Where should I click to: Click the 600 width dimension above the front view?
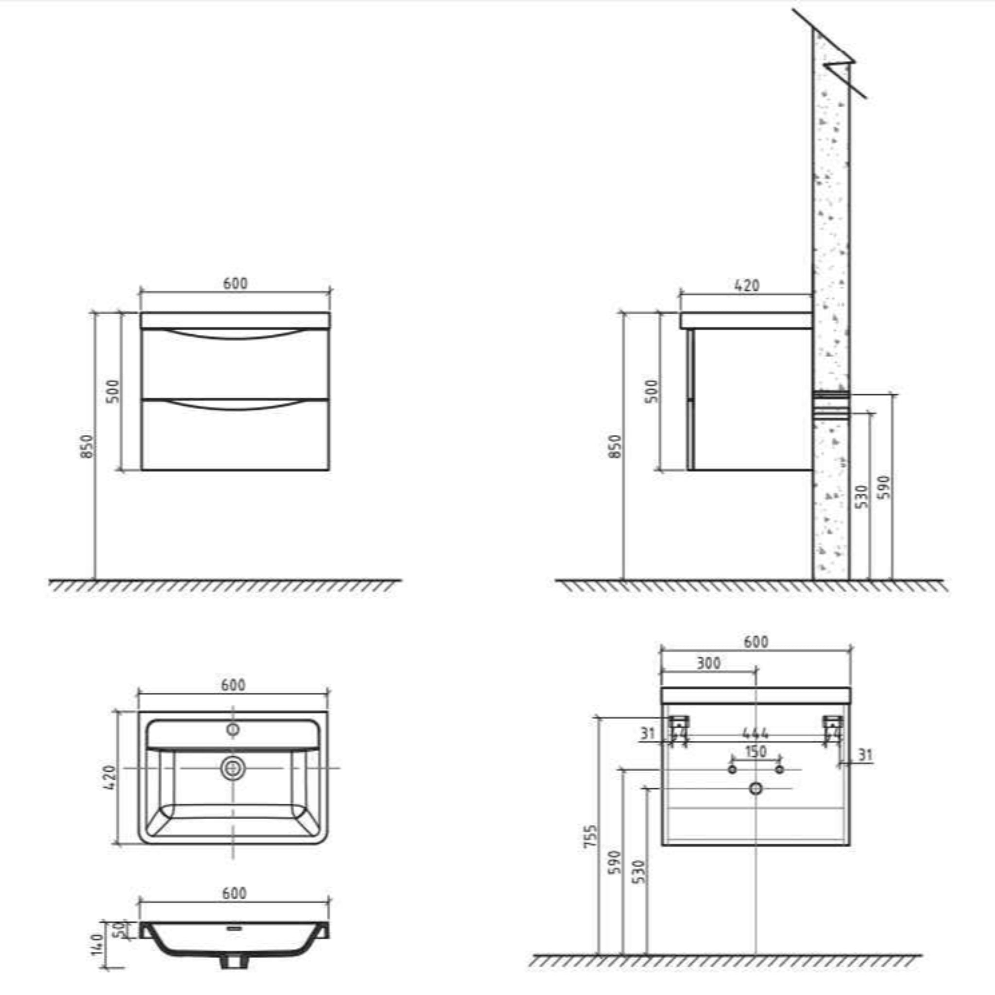(235, 284)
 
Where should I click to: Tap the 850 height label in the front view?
(88, 446)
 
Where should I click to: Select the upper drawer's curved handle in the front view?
(235, 335)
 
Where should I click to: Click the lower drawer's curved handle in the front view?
(235, 405)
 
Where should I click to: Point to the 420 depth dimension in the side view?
(746, 285)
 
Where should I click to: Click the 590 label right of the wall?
(884, 487)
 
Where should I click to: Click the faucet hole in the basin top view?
(233, 729)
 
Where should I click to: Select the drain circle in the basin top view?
(233, 768)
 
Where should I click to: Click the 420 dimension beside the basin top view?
(110, 778)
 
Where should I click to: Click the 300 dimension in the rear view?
(708, 663)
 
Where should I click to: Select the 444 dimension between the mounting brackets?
(755, 733)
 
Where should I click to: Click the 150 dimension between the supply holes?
(755, 752)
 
